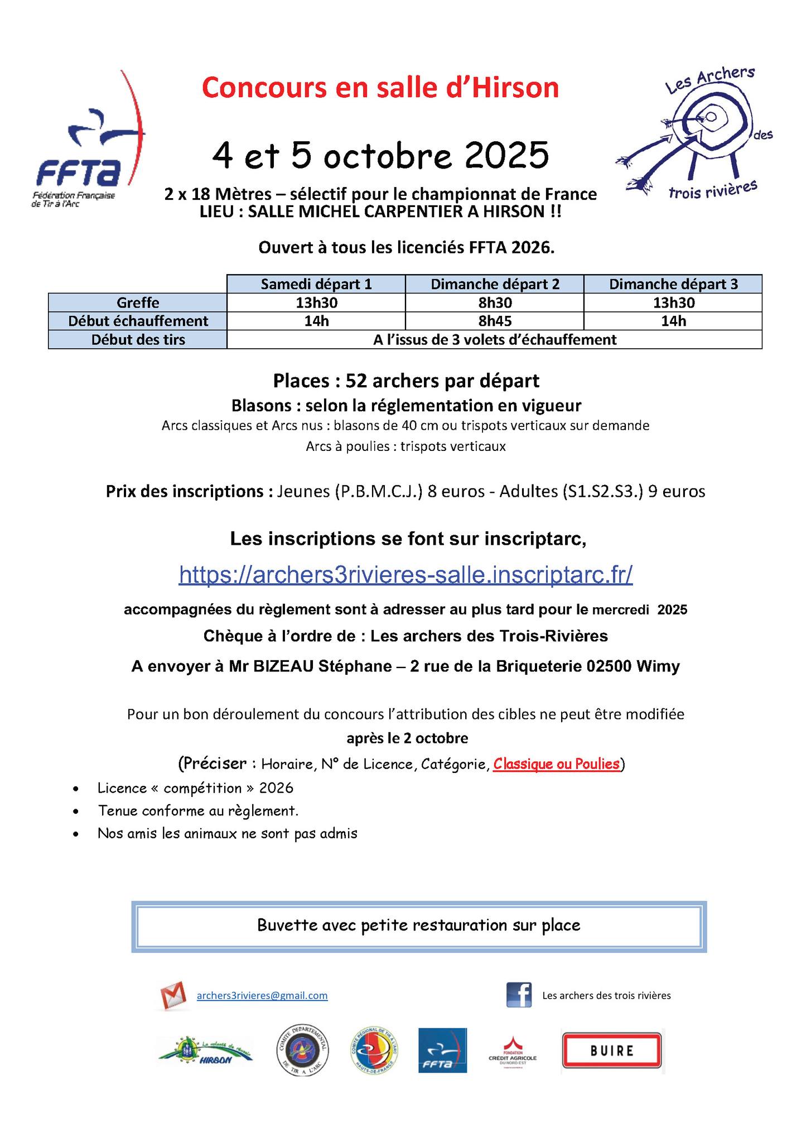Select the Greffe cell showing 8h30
(494, 302)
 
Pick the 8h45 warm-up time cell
(494, 321)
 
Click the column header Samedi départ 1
(316, 284)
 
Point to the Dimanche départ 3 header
(673, 284)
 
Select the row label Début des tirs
(138, 339)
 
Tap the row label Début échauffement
(138, 321)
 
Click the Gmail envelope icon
(173, 996)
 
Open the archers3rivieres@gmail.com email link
(262, 996)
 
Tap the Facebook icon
(519, 995)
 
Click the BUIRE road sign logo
(612, 1051)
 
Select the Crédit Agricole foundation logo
(512, 1051)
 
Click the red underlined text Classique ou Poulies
(556, 763)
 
